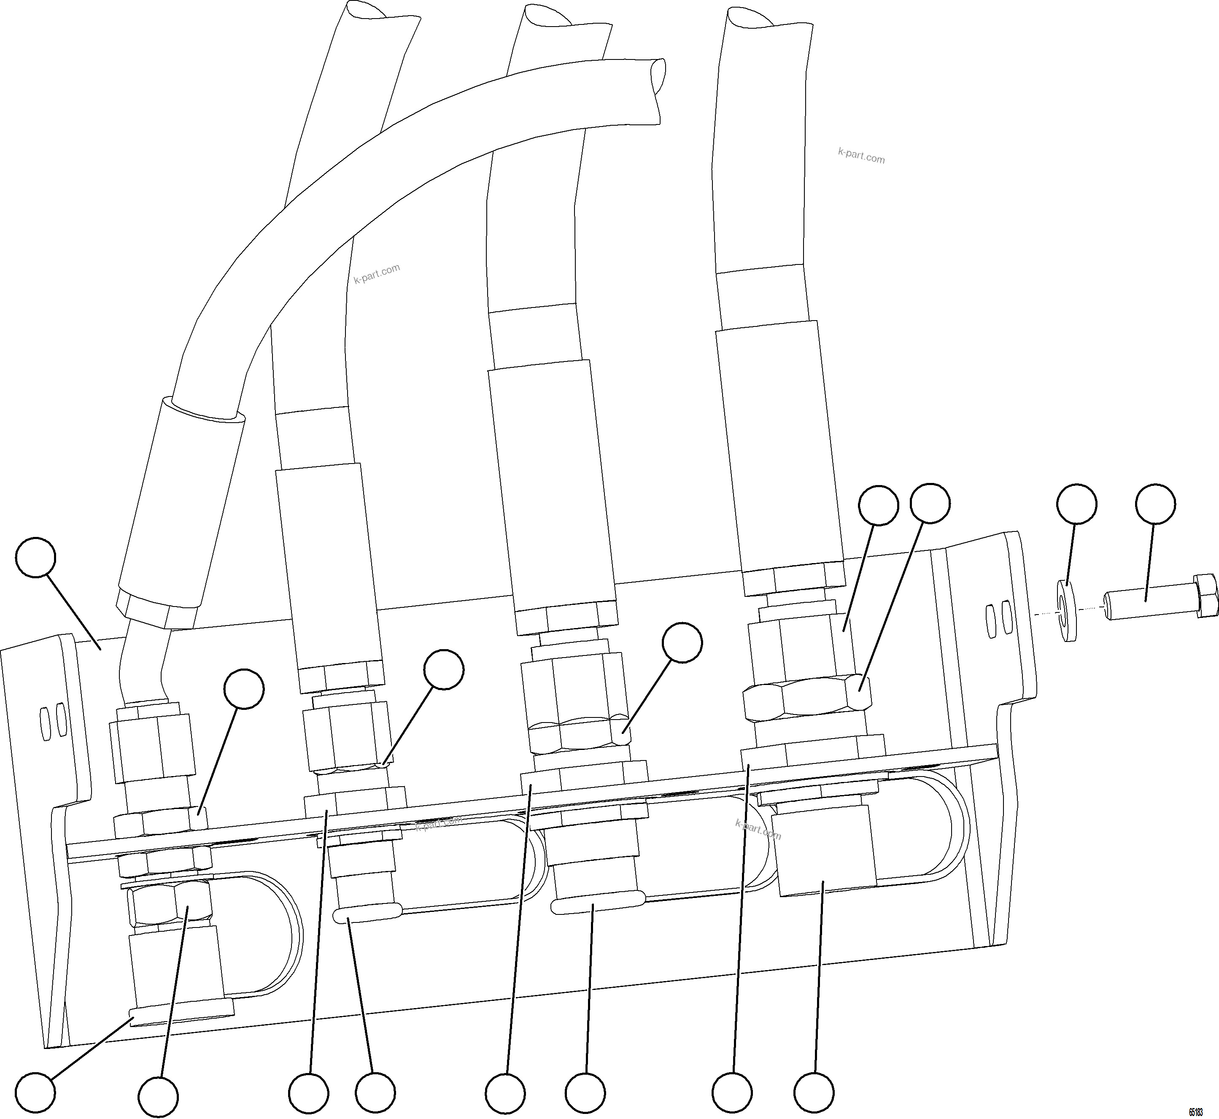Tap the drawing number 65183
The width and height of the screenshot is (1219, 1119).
(x=1195, y=1112)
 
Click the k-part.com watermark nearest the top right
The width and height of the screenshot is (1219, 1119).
(x=861, y=156)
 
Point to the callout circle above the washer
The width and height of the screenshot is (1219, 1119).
(x=1076, y=503)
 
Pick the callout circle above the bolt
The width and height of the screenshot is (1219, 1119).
(x=1155, y=503)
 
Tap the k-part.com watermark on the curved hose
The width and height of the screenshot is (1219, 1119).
(x=377, y=274)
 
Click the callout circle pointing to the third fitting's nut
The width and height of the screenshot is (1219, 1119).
(x=682, y=644)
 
